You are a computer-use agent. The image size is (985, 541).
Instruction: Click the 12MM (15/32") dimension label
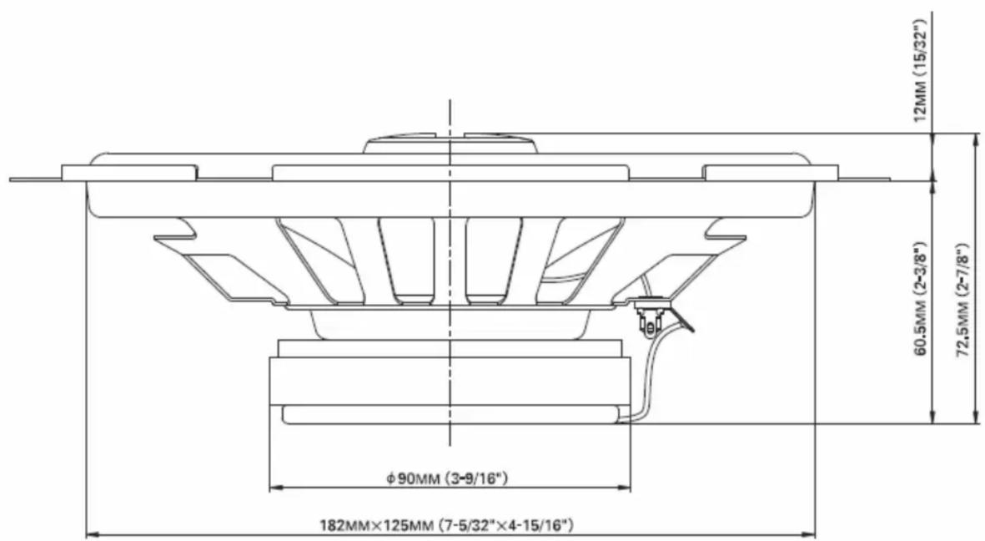[920, 70]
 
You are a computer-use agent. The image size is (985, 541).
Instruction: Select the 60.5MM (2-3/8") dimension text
[920, 297]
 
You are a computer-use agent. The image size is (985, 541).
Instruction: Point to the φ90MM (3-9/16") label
[447, 478]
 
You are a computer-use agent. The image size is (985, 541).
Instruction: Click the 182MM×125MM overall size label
[447, 524]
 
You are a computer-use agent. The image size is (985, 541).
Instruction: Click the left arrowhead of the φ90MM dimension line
[276, 488]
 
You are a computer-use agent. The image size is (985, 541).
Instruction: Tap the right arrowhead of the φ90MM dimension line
[623, 488]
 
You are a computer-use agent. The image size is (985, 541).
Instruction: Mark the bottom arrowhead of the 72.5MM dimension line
[976, 416]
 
